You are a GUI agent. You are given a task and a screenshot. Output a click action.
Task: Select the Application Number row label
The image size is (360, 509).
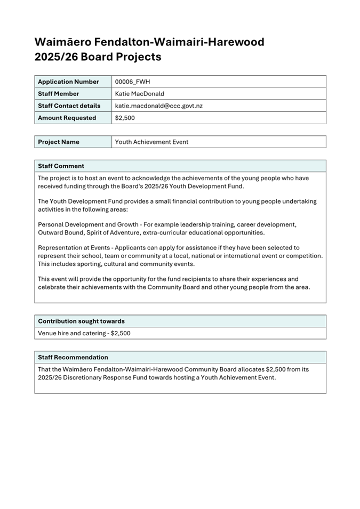(68, 82)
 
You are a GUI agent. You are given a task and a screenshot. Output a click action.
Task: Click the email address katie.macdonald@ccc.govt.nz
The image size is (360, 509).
(158, 106)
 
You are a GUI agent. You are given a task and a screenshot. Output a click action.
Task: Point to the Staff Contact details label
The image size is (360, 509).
(69, 106)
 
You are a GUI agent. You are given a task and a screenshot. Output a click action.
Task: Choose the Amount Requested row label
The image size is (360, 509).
(67, 118)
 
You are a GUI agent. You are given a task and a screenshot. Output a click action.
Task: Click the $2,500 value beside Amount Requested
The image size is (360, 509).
(125, 118)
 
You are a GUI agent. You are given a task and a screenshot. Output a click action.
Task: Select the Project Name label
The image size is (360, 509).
(59, 142)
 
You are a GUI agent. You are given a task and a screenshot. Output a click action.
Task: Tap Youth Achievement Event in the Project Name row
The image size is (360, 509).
(151, 142)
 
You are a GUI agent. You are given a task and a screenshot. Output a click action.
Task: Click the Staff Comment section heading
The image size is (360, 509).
(61, 166)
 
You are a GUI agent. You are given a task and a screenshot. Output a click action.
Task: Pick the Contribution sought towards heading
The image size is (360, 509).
(81, 321)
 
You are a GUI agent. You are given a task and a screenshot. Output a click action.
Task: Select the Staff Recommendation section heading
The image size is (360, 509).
(73, 357)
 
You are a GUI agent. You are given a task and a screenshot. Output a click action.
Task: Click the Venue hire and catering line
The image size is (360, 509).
(84, 333)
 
